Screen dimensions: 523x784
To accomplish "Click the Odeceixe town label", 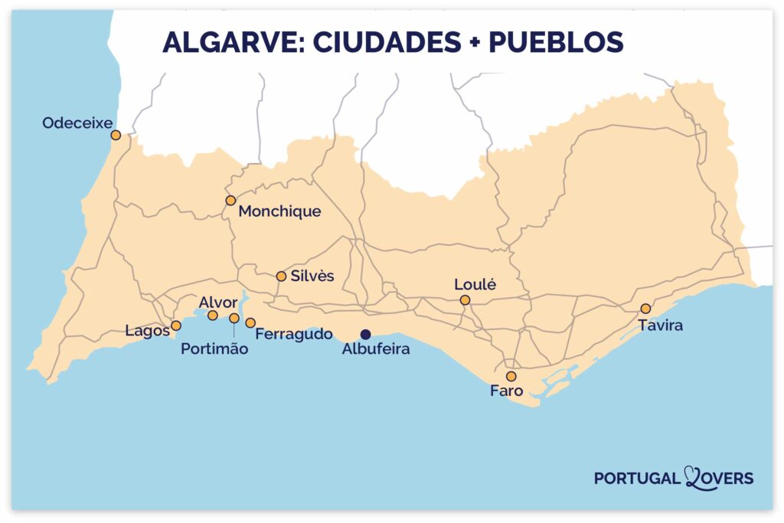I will (x=77, y=122).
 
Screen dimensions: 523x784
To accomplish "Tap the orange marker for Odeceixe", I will (x=116, y=135).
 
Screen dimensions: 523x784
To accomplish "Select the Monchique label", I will (x=279, y=211).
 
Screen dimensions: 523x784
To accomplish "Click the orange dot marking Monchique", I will (x=230, y=200).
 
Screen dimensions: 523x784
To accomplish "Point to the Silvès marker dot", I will (x=281, y=276).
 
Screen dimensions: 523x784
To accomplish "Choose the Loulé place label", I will (x=475, y=284).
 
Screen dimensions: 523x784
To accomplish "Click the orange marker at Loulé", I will (x=465, y=300).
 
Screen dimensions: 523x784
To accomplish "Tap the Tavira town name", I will (x=661, y=325).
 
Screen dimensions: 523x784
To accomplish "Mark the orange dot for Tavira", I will (x=645, y=309).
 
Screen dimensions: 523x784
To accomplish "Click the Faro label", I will (x=506, y=391).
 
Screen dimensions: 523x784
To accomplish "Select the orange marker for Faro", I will (x=511, y=376).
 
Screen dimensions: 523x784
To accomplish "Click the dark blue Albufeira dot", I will (x=365, y=334).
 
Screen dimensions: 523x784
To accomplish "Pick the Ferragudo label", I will (x=294, y=334).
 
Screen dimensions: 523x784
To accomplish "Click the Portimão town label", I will (x=214, y=349).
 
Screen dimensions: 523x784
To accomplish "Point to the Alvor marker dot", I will (x=213, y=315).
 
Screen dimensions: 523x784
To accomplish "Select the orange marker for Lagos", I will (x=176, y=325).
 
